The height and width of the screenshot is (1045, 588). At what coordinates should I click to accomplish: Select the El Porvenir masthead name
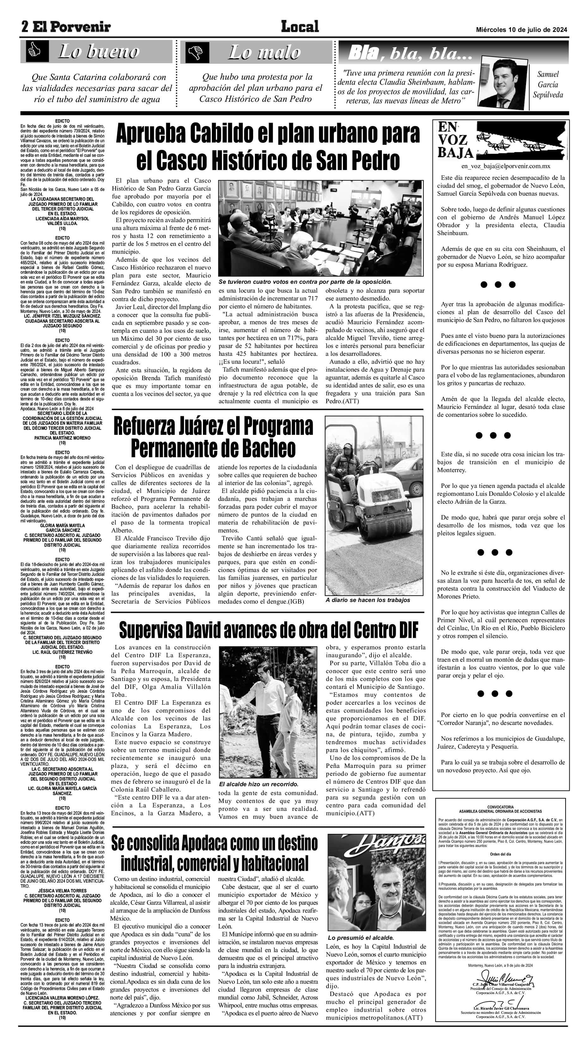click(x=71, y=27)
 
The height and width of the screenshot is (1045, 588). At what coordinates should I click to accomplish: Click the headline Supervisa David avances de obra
click(x=268, y=629)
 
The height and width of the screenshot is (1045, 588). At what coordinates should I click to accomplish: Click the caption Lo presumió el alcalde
click(x=360, y=935)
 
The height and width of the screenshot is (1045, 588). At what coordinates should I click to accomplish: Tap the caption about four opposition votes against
click(x=305, y=282)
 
